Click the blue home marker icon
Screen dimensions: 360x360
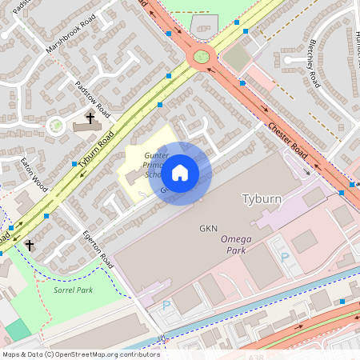(180, 173)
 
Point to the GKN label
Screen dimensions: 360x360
(209, 229)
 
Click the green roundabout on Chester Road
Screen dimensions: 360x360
(201, 57)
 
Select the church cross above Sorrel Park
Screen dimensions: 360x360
(30, 245)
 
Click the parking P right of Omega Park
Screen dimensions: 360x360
(285, 258)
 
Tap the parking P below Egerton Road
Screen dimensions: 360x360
(166, 305)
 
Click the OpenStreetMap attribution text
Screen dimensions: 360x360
(80, 354)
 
